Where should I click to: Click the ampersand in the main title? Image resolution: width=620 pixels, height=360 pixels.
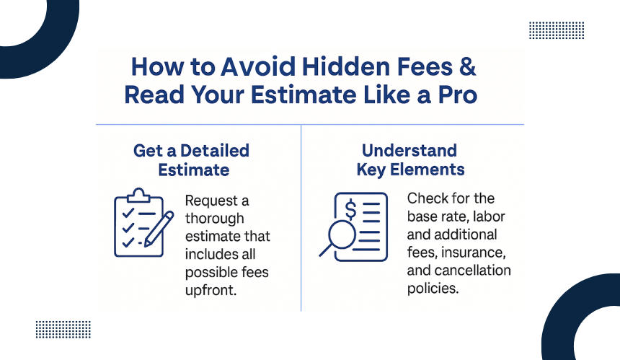tap(468, 66)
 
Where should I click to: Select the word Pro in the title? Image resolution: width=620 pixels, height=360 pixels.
tap(458, 95)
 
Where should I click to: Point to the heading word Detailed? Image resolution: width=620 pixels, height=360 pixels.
tap(215, 151)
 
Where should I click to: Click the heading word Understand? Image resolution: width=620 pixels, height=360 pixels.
tap(409, 151)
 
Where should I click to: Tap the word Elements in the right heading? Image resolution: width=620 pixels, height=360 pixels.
tap(427, 170)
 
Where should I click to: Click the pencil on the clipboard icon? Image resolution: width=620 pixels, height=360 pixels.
tap(159, 229)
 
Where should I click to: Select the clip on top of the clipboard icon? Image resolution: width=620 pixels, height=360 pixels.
tap(138, 196)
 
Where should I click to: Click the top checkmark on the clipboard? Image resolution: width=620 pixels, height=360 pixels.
tap(128, 214)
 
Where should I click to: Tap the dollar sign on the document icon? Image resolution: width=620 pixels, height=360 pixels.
tap(350, 210)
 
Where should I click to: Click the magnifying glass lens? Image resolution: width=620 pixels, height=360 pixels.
tap(342, 234)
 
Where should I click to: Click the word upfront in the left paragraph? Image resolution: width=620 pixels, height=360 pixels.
tap(211, 290)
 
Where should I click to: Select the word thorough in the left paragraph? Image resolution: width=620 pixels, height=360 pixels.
tap(215, 219)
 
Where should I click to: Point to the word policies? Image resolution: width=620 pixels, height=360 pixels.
tap(433, 289)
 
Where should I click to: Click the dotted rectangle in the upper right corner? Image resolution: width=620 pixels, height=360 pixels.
tap(557, 30)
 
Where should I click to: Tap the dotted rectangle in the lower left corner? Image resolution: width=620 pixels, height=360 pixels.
tap(63, 330)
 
